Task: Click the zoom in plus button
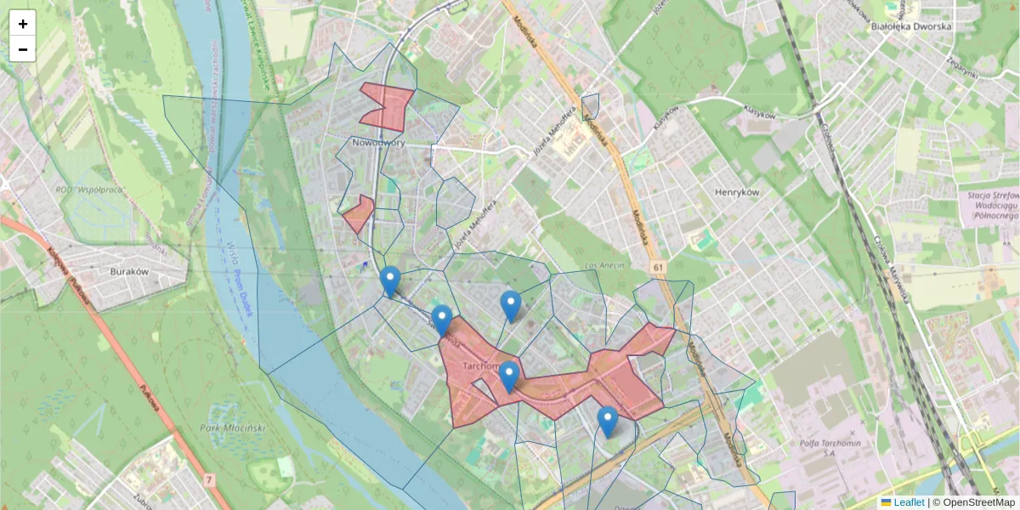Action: tap(23, 24)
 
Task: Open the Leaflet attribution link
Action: tap(908, 502)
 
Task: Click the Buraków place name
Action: tap(130, 271)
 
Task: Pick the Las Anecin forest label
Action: tap(604, 266)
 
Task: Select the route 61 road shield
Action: tap(659, 268)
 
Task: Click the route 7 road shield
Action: tap(210, 482)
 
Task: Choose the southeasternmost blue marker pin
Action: tap(607, 421)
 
